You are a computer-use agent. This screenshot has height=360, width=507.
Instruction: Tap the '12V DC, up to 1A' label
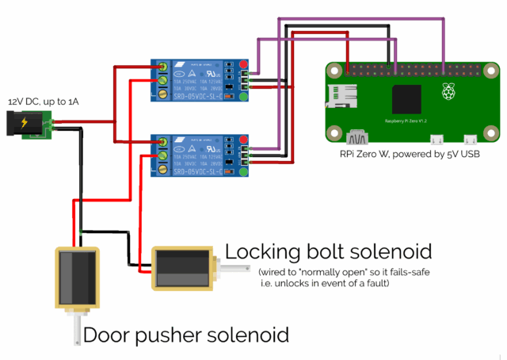pyautogui.click(x=44, y=102)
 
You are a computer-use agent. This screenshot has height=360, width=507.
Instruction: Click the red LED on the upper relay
pyautogui.click(x=243, y=65)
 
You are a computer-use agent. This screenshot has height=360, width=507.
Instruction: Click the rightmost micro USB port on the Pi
pyautogui.click(x=471, y=136)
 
